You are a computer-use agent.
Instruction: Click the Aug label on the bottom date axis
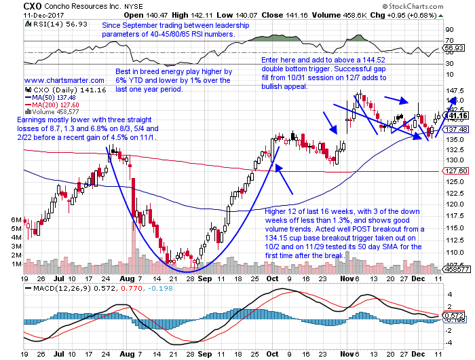[x=126, y=279]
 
